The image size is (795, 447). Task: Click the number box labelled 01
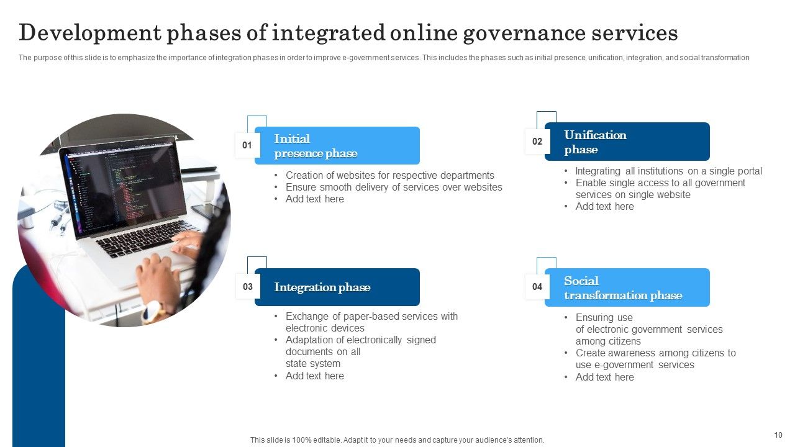pos(247,145)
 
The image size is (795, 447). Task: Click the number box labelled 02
pos(537,142)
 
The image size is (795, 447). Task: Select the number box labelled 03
pos(248,287)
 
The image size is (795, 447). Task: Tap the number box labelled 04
pos(537,287)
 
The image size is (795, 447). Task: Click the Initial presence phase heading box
pos(337,146)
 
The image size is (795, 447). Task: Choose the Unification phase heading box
pos(627,142)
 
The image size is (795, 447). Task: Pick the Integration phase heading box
pos(337,287)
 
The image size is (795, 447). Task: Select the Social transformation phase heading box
pos(627,288)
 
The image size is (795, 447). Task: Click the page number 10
pos(778,435)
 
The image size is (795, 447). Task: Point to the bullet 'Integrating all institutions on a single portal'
pos(668,171)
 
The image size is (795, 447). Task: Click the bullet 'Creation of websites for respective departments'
pos(389,176)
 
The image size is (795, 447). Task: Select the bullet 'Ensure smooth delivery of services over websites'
pos(394,187)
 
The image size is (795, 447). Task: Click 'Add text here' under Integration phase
pos(314,376)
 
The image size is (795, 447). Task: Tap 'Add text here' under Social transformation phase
pos(604,377)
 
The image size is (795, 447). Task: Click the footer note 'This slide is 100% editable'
pos(397,440)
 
